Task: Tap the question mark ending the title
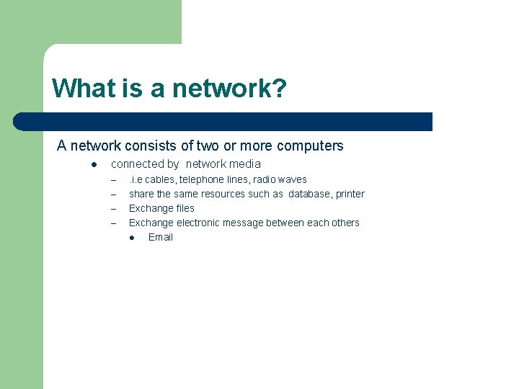(280, 89)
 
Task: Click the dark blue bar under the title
(223, 122)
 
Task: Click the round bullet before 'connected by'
(94, 164)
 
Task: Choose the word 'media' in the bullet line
(245, 164)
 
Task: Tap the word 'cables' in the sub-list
(160, 179)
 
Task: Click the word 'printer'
(350, 194)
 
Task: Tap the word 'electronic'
(198, 223)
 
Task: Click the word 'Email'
(161, 237)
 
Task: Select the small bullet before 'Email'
(133, 237)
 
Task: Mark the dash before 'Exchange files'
(113, 208)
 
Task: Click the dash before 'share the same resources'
(113, 194)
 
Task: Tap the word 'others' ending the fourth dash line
(345, 223)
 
